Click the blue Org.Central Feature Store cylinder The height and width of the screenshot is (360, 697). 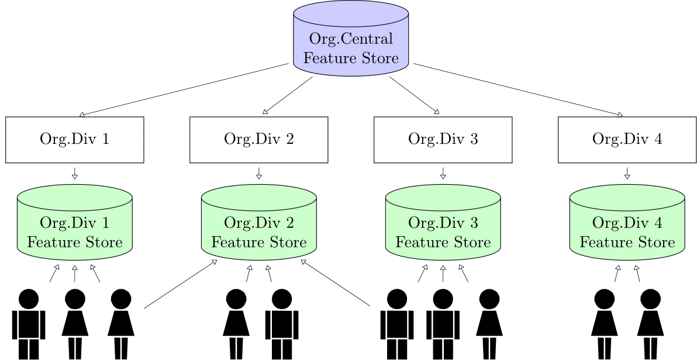[351, 39]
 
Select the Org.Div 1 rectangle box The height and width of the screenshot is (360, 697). [75, 140]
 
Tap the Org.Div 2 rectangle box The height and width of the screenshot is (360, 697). [258, 140]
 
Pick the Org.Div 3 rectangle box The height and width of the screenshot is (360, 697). [443, 140]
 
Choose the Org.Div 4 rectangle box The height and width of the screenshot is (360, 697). [627, 140]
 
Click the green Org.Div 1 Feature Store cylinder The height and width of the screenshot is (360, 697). [75, 223]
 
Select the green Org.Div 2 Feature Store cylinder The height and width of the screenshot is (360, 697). [258, 223]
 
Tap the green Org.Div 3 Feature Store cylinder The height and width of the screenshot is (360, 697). [443, 223]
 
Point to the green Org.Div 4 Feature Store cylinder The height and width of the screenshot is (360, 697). [627, 223]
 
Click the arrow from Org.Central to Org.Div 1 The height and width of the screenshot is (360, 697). [184, 90]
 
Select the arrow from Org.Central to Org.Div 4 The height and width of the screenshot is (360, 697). [518, 90]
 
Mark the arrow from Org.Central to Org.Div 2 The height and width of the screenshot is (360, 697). [288, 95]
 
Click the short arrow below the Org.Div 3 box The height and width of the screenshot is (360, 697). [443, 174]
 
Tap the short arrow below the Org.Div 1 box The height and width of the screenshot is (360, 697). [75, 174]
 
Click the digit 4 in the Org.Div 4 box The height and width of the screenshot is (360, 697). [658, 139]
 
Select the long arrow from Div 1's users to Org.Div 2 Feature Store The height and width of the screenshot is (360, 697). [181, 283]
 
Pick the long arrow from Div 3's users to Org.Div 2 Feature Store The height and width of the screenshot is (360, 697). [335, 283]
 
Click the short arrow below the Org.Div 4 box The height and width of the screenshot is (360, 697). [627, 174]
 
